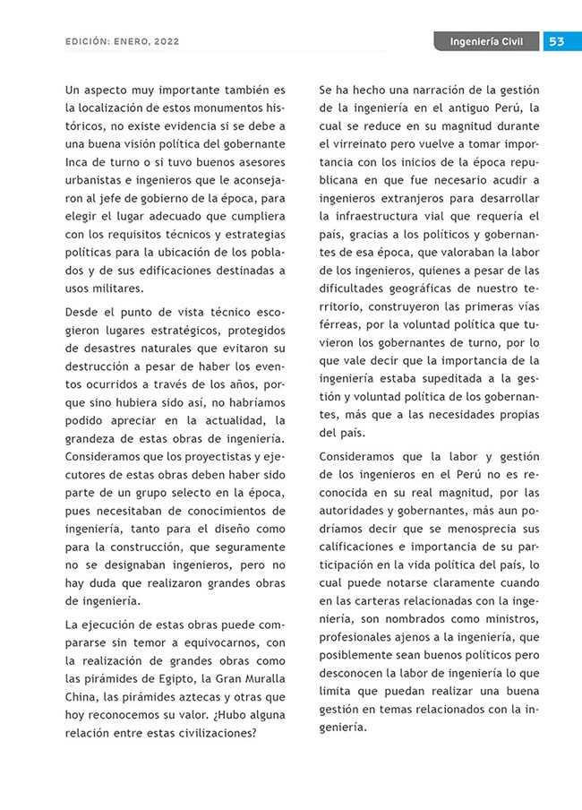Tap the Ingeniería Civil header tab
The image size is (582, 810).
click(x=487, y=41)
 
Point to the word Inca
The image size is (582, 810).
click(x=81, y=162)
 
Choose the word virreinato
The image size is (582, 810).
click(x=355, y=144)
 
